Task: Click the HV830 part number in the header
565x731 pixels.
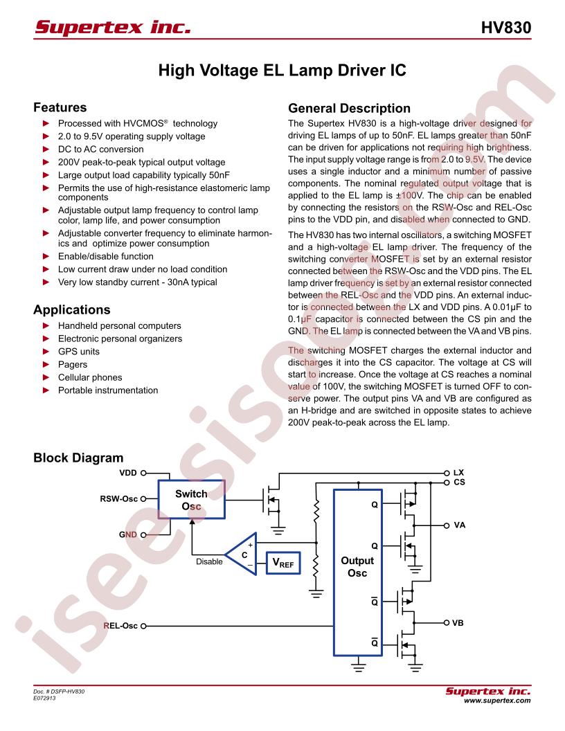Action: tap(505, 28)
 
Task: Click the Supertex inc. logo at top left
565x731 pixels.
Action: tap(113, 27)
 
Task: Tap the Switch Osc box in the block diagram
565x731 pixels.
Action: tap(192, 499)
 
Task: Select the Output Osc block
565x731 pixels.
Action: tap(357, 572)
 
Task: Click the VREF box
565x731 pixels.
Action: tap(283, 563)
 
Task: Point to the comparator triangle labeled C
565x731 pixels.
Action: tap(242, 554)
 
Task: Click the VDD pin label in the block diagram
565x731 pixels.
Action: tap(128, 473)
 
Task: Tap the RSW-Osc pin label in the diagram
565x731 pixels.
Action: tap(119, 499)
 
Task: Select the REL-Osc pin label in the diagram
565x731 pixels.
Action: tap(120, 626)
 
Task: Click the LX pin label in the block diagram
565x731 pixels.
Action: tap(458, 472)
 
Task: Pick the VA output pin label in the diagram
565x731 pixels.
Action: tap(460, 525)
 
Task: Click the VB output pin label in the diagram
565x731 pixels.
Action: tap(458, 623)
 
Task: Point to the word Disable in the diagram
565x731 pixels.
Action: tap(209, 562)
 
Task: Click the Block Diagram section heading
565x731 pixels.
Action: tap(78, 458)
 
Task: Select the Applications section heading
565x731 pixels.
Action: tap(72, 310)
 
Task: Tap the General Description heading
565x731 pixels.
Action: tap(349, 108)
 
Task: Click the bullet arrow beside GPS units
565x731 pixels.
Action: tap(46, 352)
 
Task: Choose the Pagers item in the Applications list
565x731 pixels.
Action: tap(73, 365)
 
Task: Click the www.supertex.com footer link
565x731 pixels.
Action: tap(497, 701)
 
